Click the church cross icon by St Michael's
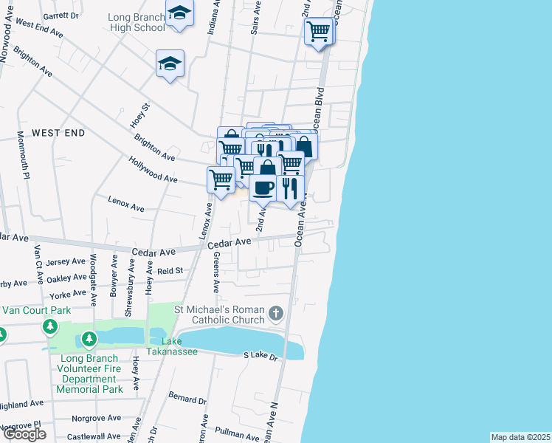(276, 313)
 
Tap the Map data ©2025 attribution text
(520, 437)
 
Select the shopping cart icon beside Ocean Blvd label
(318, 32)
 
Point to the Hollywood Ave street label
(153, 169)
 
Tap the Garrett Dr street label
(61, 16)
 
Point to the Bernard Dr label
(187, 399)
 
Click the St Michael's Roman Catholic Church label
(219, 315)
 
